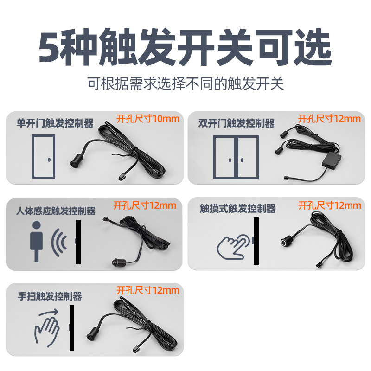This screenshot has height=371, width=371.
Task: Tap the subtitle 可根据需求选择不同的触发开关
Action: click(x=185, y=83)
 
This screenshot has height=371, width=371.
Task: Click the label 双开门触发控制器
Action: click(x=236, y=123)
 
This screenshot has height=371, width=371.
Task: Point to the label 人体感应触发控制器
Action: click(x=58, y=211)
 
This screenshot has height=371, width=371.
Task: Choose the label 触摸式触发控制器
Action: click(x=237, y=209)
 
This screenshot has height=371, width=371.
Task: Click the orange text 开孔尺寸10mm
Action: click(x=147, y=118)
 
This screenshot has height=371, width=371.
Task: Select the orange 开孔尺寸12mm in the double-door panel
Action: click(x=329, y=118)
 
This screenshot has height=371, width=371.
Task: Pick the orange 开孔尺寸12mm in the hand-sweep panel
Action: click(x=147, y=290)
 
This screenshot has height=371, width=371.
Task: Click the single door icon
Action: click(x=43, y=156)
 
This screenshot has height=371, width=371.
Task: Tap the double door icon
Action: click(x=236, y=156)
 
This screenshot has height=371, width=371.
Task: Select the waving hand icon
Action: click(x=46, y=328)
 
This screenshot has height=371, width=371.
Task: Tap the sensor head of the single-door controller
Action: click(x=75, y=163)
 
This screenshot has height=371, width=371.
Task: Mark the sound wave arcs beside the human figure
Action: click(x=57, y=242)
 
